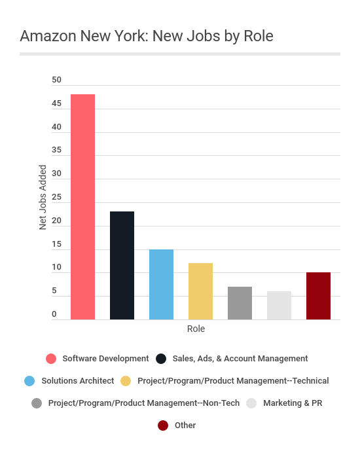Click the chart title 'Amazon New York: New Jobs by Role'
pyautogui.click(x=147, y=36)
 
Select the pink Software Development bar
pyautogui.click(x=83, y=207)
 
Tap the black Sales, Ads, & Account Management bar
pyautogui.click(x=122, y=265)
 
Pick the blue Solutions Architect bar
pyautogui.click(x=162, y=284)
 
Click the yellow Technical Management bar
pyautogui.click(x=201, y=291)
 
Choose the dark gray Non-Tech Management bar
pyautogui.click(x=240, y=303)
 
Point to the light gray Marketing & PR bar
pyautogui.click(x=279, y=305)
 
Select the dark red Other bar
pyautogui.click(x=319, y=296)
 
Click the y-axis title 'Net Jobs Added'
pyautogui.click(x=43, y=197)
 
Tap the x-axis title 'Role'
pyautogui.click(x=196, y=329)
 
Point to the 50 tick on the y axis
pyautogui.click(x=57, y=80)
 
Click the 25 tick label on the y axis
pyautogui.click(x=57, y=197)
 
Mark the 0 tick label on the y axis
pyautogui.click(x=54, y=314)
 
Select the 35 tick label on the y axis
pyautogui.click(x=57, y=150)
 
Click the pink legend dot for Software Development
pyautogui.click(x=51, y=358)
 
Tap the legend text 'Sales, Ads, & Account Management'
pyautogui.click(x=240, y=358)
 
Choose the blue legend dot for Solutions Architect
pyautogui.click(x=29, y=380)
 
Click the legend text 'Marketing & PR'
pyautogui.click(x=293, y=403)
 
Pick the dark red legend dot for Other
pyautogui.click(x=163, y=425)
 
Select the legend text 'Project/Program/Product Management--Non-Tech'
pyautogui.click(x=144, y=403)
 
